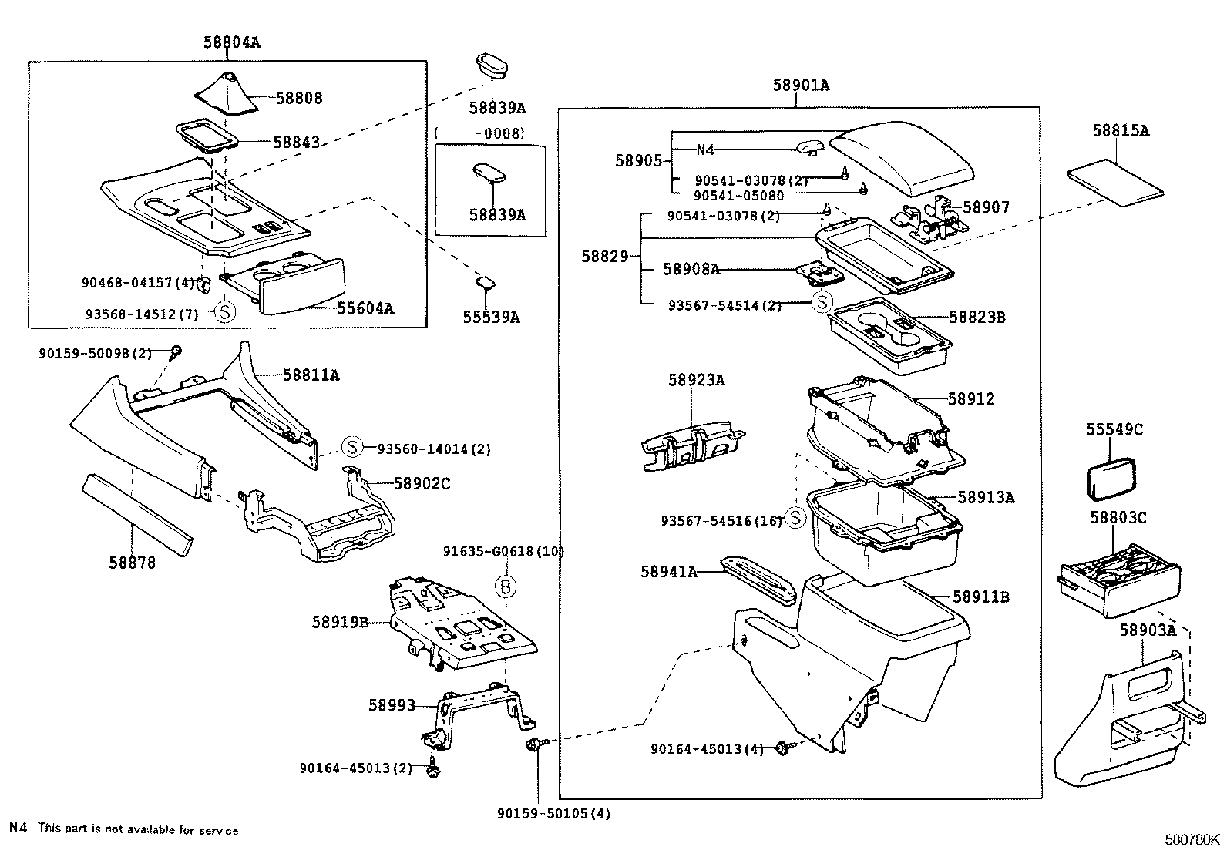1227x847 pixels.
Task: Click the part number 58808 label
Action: point(299,99)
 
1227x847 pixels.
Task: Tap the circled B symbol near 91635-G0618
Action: point(505,587)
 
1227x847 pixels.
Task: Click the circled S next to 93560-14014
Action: point(351,447)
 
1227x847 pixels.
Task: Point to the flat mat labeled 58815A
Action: point(1115,183)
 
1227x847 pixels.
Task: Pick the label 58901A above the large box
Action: point(801,86)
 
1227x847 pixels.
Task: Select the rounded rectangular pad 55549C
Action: point(1111,480)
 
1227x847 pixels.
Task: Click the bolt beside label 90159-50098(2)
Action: point(176,353)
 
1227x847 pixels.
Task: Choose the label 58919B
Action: point(340,622)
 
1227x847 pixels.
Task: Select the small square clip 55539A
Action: point(486,283)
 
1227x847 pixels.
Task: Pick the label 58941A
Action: point(668,572)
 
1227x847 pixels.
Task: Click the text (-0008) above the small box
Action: point(479,133)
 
